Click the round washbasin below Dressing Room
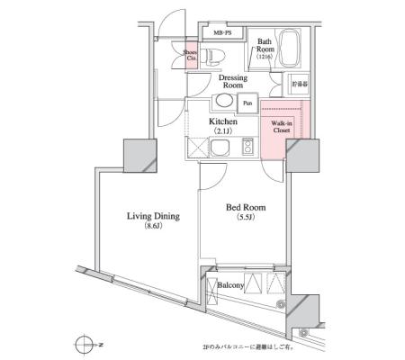(x=222, y=102)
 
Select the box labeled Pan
(x=247, y=103)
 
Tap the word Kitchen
(x=223, y=121)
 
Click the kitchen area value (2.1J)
(x=223, y=131)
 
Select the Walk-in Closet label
(x=275, y=127)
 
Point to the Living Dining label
(x=152, y=216)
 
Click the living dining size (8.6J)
(x=152, y=227)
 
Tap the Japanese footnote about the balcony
(x=260, y=345)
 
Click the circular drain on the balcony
(x=283, y=305)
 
